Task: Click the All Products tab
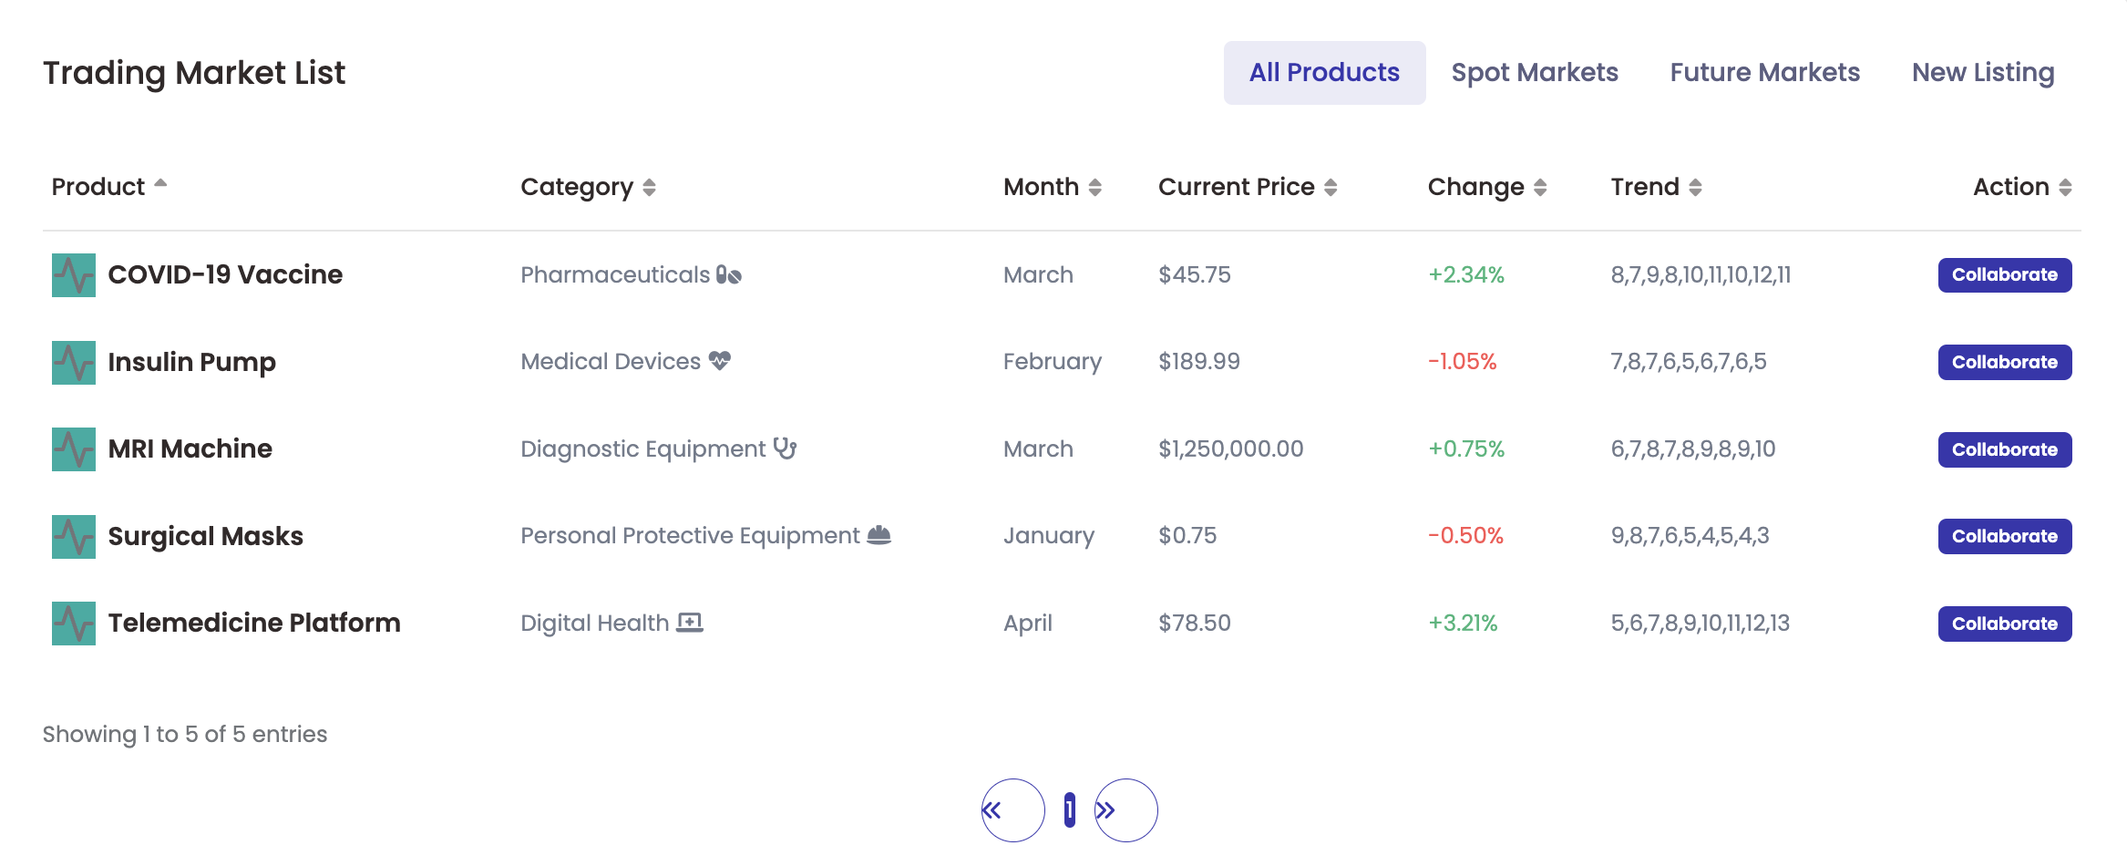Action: [1324, 73]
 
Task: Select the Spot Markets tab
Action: [1535, 73]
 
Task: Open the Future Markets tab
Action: [1764, 73]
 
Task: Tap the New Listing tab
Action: [1982, 73]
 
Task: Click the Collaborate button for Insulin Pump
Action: [2004, 362]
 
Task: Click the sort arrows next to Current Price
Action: [1331, 188]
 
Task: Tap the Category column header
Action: [577, 187]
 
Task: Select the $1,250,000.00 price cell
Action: [1230, 448]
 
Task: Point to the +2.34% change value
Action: [1465, 274]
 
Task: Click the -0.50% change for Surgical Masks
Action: [1465, 535]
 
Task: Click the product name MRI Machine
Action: [190, 448]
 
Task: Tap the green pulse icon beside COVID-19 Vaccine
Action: [74, 275]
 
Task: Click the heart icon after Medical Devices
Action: [720, 361]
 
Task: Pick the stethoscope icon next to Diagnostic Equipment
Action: [785, 448]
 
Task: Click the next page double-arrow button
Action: [1125, 810]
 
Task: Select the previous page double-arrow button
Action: [1012, 810]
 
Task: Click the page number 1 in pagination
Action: [1069, 809]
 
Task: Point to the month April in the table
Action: [1027, 623]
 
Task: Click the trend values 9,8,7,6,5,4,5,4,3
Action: [1690, 535]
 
